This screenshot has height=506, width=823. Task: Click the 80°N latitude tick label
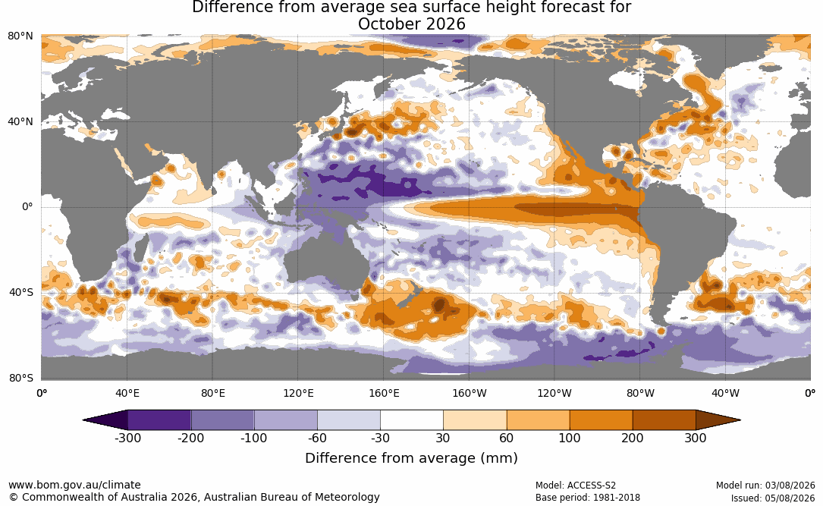(x=20, y=36)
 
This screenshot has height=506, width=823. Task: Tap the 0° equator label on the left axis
(x=28, y=207)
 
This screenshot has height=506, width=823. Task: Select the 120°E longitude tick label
(x=298, y=393)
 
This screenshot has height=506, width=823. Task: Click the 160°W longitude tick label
(x=470, y=393)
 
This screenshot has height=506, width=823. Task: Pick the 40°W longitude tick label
(x=725, y=393)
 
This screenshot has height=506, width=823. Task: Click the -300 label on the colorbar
(x=127, y=438)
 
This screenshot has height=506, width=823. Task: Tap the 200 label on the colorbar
(x=633, y=438)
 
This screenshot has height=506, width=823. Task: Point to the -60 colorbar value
(x=317, y=438)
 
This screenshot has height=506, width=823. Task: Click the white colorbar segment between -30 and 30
(x=412, y=420)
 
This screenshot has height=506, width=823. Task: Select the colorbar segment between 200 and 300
(x=664, y=420)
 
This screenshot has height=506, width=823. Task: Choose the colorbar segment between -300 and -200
(x=159, y=420)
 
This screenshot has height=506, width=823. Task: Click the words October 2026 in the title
(x=411, y=24)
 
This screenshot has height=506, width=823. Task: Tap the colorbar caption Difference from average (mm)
(x=411, y=457)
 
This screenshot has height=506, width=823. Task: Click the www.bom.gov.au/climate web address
(x=74, y=485)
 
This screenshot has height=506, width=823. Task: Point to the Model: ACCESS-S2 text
(x=576, y=486)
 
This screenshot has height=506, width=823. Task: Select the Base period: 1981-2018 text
(x=588, y=497)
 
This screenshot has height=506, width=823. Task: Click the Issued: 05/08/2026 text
(x=773, y=498)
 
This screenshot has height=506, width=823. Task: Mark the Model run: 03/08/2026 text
(x=766, y=486)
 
